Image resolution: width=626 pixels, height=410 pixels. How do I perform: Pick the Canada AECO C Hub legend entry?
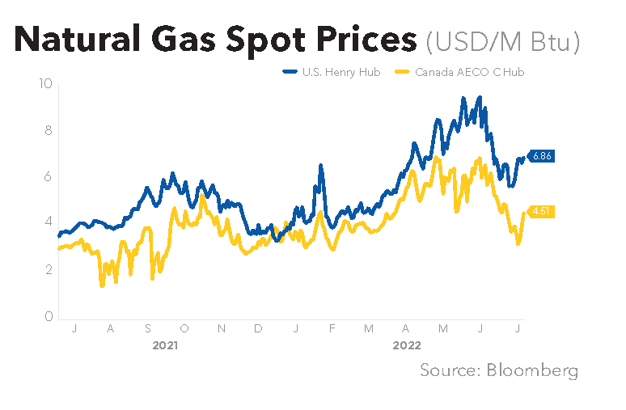tap(461, 72)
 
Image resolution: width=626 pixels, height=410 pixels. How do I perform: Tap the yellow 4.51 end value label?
tap(539, 212)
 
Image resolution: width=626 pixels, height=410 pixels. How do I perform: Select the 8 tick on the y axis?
tap(49, 129)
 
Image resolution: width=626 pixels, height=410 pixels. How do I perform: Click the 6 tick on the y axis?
tap(49, 176)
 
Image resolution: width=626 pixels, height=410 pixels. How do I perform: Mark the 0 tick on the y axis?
tap(49, 316)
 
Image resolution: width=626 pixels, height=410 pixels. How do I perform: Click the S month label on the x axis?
tap(148, 328)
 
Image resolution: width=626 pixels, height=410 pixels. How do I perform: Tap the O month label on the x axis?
tap(184, 328)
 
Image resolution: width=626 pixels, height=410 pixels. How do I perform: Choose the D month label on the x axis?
tap(258, 328)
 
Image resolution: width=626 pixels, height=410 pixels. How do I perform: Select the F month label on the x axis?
tap(332, 328)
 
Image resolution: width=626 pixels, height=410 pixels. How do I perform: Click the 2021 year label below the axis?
tap(165, 345)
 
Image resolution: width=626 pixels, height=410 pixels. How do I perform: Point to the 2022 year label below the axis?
tap(406, 345)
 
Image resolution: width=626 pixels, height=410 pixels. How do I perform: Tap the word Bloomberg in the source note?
tap(532, 370)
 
